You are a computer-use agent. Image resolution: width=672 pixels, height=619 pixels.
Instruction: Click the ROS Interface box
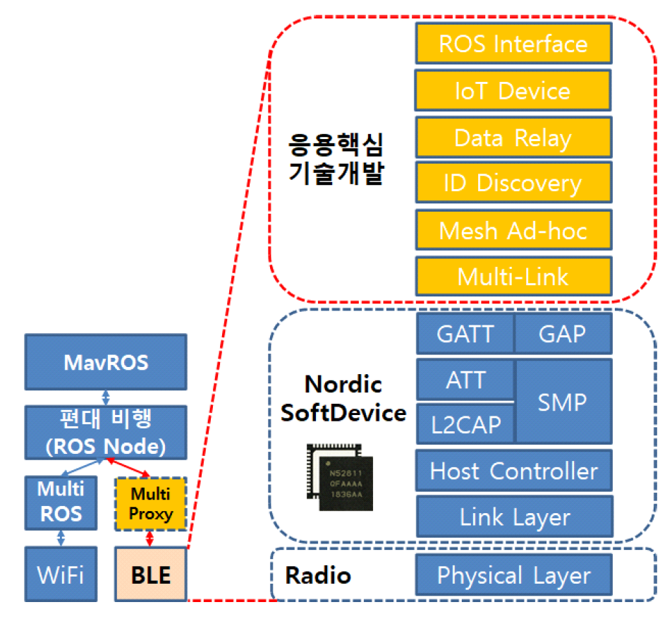[513, 44]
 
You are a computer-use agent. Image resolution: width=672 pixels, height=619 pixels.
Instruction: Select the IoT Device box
[513, 90]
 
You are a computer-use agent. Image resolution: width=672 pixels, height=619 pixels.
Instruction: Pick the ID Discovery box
[513, 184]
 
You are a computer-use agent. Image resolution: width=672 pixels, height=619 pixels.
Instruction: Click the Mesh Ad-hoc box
[513, 230]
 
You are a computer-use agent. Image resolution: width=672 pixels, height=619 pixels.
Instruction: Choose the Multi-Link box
[513, 276]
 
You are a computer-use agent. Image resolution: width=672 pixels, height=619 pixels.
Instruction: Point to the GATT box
[465, 333]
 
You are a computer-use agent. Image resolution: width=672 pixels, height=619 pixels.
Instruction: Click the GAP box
[563, 333]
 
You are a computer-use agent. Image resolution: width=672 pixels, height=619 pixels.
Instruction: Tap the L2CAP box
[465, 423]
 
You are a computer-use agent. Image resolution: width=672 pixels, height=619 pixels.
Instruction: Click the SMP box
[563, 402]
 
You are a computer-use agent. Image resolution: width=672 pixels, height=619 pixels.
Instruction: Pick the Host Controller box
[513, 470]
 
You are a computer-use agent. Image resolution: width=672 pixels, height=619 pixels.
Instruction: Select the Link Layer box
[513, 517]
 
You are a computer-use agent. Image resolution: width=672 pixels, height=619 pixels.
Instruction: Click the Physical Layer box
[513, 575]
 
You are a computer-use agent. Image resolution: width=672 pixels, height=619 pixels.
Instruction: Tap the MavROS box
[106, 363]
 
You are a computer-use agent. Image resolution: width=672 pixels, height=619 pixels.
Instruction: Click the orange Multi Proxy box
[151, 503]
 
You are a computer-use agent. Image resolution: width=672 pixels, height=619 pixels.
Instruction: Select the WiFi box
[60, 575]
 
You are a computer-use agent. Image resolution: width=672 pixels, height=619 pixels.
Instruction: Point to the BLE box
[151, 575]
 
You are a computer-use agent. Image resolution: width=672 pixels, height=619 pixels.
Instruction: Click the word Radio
[317, 575]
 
